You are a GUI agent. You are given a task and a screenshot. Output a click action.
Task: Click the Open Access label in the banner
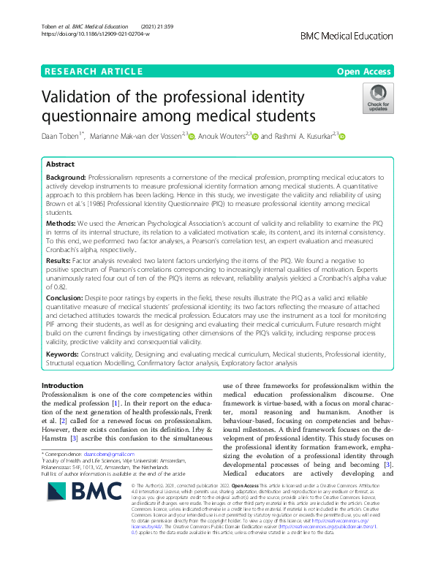[x=365, y=71]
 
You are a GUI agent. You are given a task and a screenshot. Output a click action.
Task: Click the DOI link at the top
[x=95, y=34]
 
